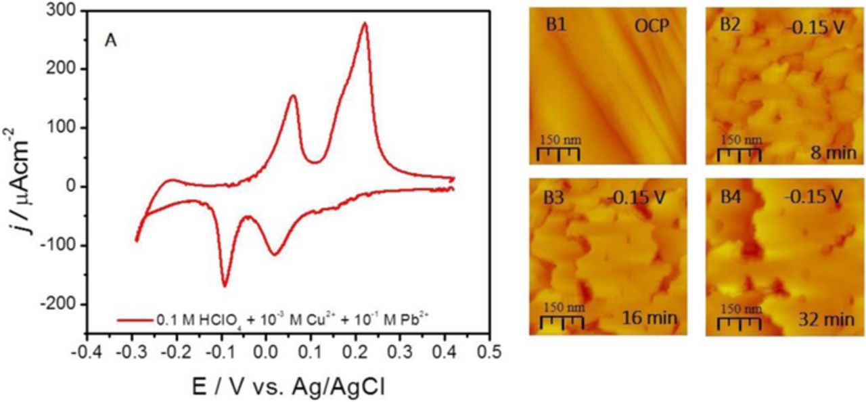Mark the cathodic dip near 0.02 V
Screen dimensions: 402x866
[x=275, y=254]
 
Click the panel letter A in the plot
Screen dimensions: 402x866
[x=110, y=41]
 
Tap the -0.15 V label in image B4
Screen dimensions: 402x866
[x=814, y=197]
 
